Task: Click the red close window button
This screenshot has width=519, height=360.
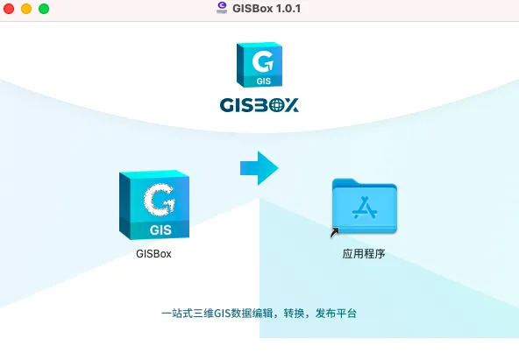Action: click(x=9, y=9)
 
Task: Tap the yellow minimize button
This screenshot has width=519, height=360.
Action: click(x=26, y=9)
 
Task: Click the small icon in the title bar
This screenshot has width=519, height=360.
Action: click(x=222, y=8)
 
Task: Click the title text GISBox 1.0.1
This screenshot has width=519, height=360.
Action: click(x=267, y=8)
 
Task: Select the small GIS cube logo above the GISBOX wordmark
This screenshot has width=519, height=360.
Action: click(x=259, y=65)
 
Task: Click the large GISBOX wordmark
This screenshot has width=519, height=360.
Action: click(x=259, y=105)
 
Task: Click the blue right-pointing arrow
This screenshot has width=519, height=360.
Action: click(x=259, y=168)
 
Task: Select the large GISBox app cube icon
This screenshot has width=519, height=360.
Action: click(x=154, y=205)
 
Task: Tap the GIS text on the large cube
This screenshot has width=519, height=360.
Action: click(x=160, y=229)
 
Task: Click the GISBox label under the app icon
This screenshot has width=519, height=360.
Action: click(x=153, y=254)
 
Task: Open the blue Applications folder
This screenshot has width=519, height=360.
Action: click(x=365, y=206)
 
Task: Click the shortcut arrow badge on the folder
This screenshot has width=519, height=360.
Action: click(x=335, y=232)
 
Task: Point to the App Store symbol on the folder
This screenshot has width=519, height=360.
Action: click(x=365, y=208)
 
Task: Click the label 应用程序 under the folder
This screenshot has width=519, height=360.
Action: click(x=364, y=254)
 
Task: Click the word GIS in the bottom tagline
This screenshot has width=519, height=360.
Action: click(x=222, y=314)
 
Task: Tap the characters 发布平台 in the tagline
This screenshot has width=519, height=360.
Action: click(x=336, y=314)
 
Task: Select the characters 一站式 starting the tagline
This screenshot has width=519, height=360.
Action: click(x=177, y=314)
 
